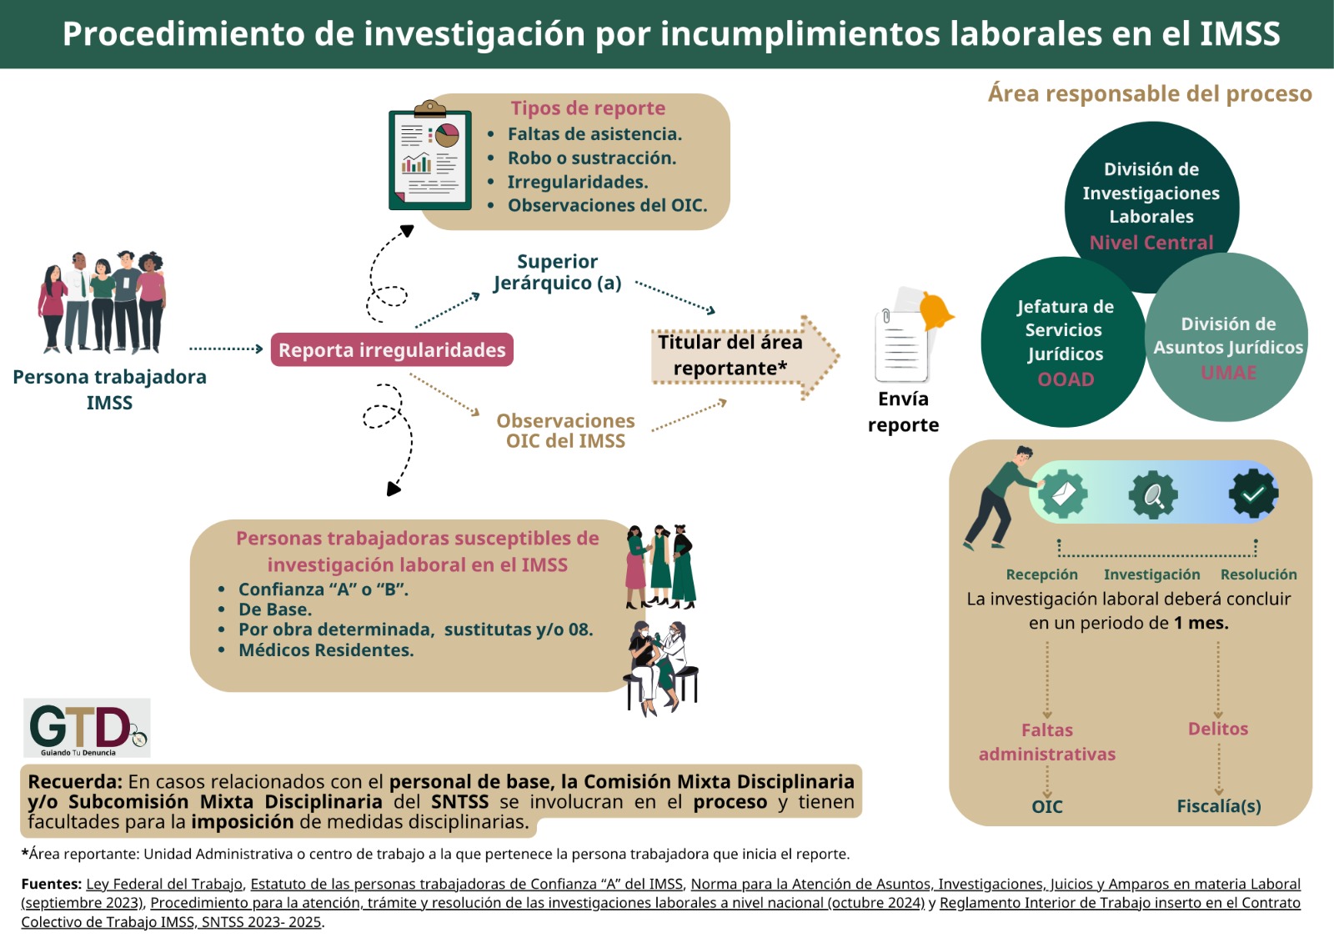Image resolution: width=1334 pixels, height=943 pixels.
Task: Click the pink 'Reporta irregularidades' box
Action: [392, 349]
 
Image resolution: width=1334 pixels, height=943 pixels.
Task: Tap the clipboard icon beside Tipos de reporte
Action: [430, 156]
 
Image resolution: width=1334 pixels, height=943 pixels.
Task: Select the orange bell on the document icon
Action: [935, 310]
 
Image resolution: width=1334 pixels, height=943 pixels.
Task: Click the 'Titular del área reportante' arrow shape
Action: [745, 356]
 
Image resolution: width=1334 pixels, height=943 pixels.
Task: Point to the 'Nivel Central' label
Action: [1151, 243]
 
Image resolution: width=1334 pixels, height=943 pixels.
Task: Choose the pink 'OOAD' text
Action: [1066, 379]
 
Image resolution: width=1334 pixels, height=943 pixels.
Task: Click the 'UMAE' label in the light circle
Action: [1229, 373]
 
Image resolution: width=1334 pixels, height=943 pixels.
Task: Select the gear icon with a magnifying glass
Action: [1153, 494]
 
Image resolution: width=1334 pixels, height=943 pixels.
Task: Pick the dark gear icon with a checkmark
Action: [1253, 494]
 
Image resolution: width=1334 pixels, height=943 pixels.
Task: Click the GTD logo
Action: [87, 727]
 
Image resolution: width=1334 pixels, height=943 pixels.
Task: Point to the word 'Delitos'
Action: [1218, 729]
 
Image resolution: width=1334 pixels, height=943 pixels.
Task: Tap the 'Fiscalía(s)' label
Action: [1218, 806]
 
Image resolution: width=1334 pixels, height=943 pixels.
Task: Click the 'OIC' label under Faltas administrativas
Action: [1047, 806]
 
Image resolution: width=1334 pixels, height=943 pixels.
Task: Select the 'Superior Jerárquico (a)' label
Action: [558, 272]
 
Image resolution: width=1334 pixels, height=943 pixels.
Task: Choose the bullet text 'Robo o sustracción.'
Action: [592, 158]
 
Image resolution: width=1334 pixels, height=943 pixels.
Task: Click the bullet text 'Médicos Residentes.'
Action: [326, 650]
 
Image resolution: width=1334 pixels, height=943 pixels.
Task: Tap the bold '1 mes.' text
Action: [1201, 623]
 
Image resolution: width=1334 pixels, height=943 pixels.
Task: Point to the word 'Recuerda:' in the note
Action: [75, 781]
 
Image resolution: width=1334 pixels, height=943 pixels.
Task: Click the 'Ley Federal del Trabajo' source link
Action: [164, 884]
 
